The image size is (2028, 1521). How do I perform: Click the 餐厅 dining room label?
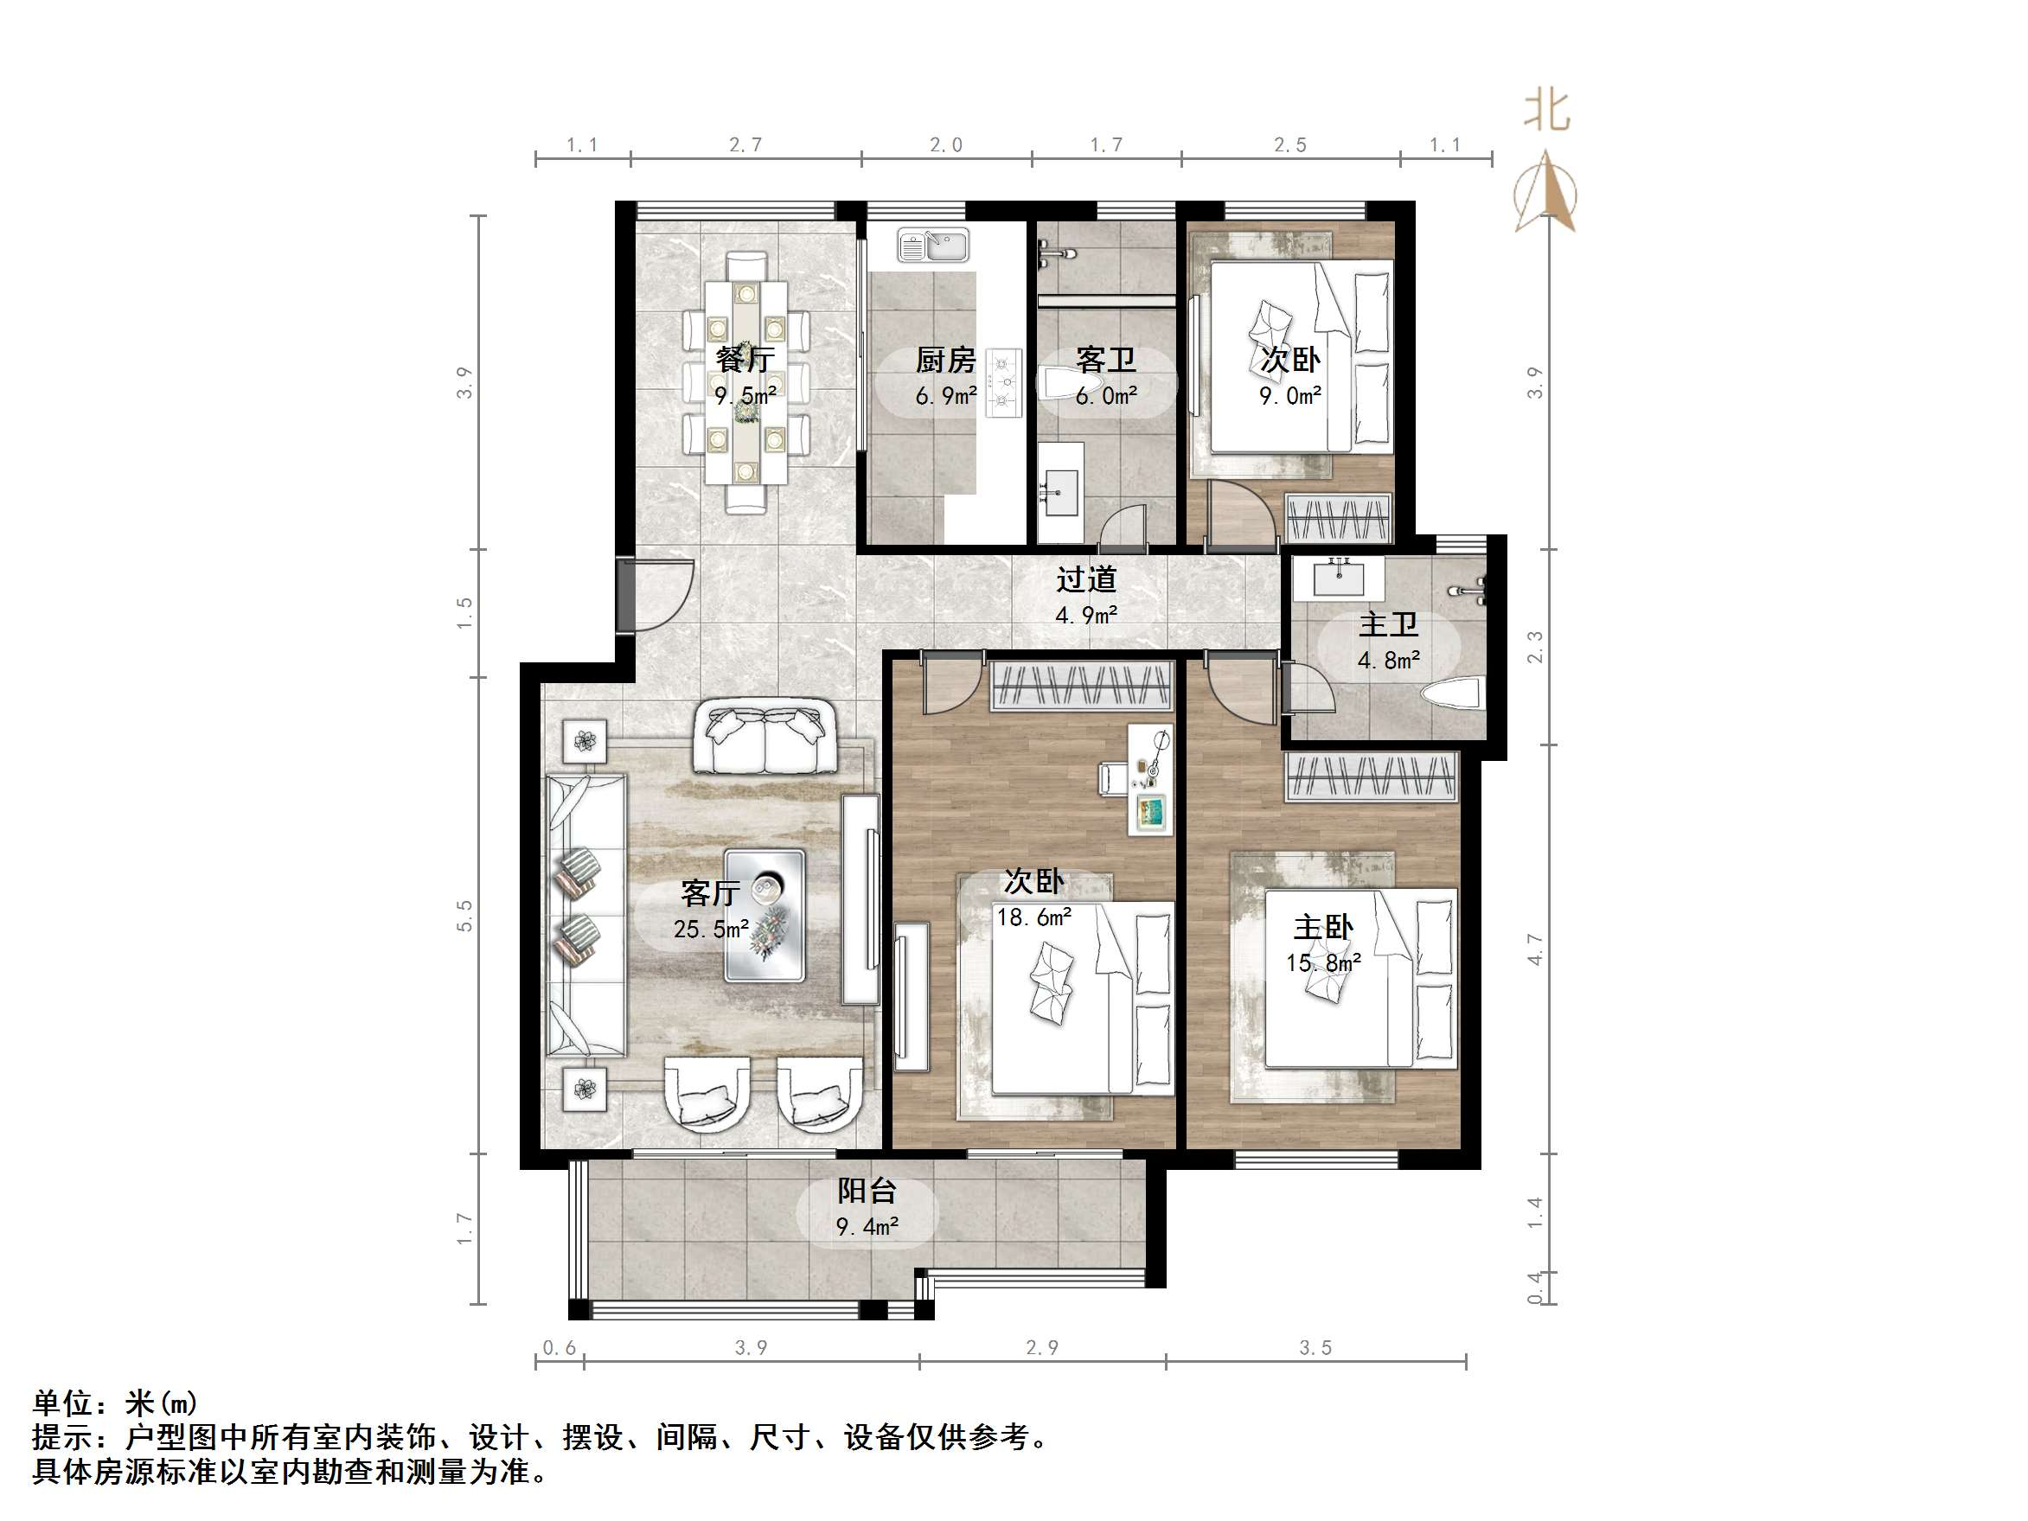[745, 359]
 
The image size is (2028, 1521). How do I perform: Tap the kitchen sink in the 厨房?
[932, 245]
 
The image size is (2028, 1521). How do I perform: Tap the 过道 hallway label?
[1086, 579]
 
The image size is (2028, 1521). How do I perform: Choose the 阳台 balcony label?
[867, 1191]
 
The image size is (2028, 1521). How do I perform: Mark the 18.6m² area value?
[1034, 917]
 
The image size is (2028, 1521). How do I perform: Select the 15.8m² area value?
[1323, 962]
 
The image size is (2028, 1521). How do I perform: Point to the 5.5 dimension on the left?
[464, 916]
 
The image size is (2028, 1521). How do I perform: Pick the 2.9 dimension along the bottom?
[1041, 1348]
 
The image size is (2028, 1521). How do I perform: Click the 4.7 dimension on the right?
[1535, 949]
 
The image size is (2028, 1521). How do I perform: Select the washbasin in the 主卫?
[1339, 578]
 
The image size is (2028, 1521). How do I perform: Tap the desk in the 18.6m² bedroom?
[1150, 779]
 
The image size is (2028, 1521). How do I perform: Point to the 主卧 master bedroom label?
[1323, 928]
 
